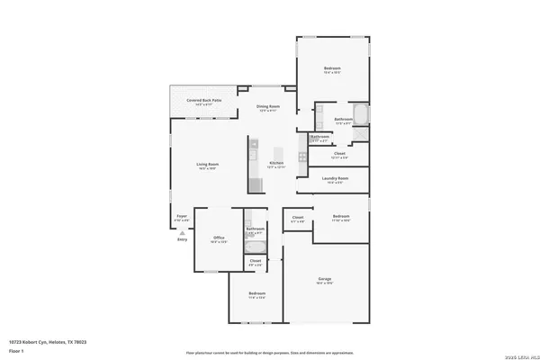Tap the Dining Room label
(268, 108)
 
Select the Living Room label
(208, 166)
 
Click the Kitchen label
(276, 165)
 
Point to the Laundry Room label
(335, 179)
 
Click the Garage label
(324, 280)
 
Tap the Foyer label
(181, 217)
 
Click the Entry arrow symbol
(182, 231)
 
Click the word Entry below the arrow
(182, 239)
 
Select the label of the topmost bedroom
(332, 70)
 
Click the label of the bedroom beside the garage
(340, 217)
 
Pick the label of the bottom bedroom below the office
(257, 294)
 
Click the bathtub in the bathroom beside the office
(255, 247)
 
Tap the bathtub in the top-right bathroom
(360, 115)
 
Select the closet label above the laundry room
(339, 155)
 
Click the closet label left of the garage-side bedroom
(298, 219)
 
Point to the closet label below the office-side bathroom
(256, 262)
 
